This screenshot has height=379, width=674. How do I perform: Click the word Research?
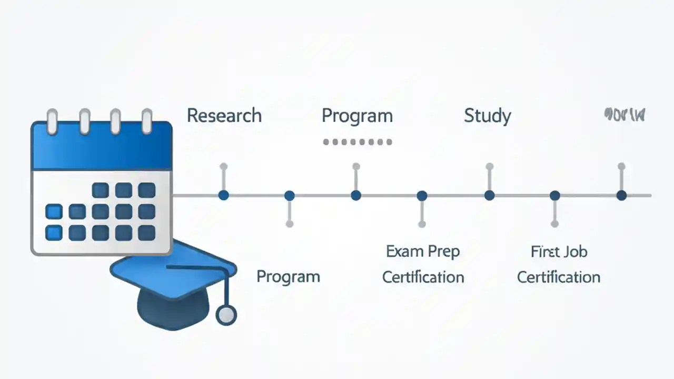click(x=224, y=115)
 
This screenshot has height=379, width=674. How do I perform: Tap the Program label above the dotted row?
click(x=357, y=115)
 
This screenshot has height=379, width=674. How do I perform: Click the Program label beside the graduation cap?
click(x=288, y=276)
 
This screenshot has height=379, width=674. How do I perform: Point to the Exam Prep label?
click(x=423, y=251)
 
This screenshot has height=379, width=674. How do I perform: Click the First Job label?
click(x=559, y=251)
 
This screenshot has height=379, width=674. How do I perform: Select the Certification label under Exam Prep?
click(x=423, y=277)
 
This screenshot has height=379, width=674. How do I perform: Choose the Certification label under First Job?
click(x=559, y=277)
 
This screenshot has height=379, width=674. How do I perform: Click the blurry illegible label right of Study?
click(x=625, y=114)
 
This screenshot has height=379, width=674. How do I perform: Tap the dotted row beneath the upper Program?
click(x=357, y=142)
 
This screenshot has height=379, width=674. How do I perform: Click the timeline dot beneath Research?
click(x=224, y=195)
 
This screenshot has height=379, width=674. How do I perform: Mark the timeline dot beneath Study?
click(x=489, y=195)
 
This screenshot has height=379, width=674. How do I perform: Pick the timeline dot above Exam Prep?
click(x=422, y=196)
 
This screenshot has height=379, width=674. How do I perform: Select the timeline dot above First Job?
click(x=554, y=196)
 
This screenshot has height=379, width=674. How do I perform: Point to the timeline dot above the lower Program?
click(x=289, y=196)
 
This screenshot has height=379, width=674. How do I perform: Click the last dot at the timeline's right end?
click(x=621, y=195)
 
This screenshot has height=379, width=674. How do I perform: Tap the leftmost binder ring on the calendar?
click(x=52, y=121)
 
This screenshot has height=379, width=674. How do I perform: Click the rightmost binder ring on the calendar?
click(x=147, y=121)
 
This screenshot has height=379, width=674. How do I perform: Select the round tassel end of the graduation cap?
click(x=226, y=315)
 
